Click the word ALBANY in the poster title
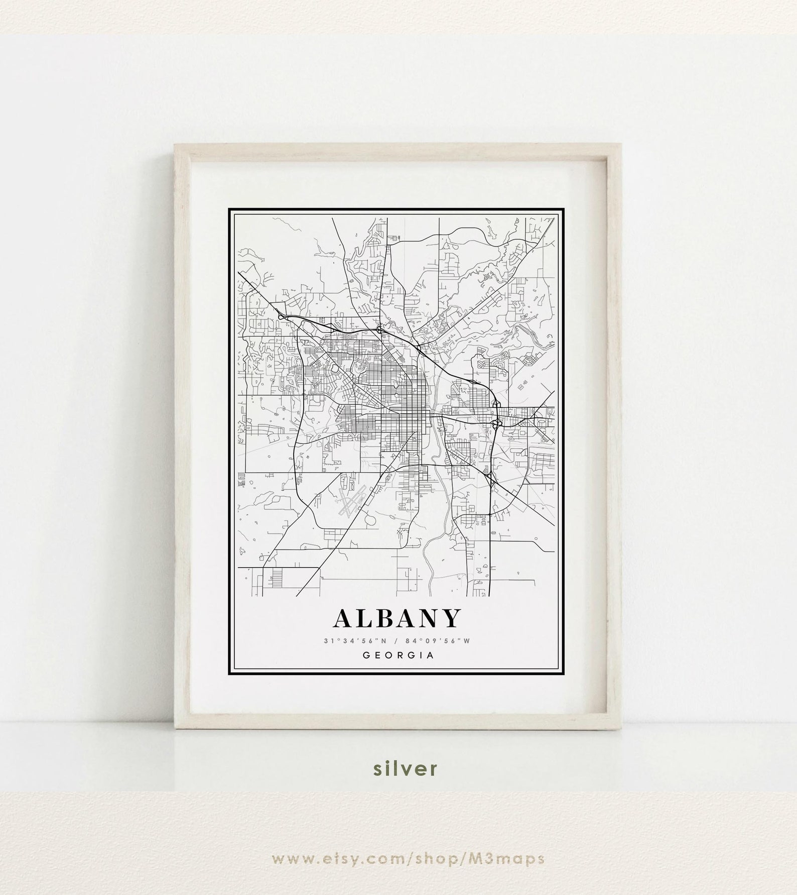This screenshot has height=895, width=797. (x=396, y=619)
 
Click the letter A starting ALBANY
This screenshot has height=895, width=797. (x=342, y=619)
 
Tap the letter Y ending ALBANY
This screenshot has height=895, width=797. (x=450, y=619)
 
